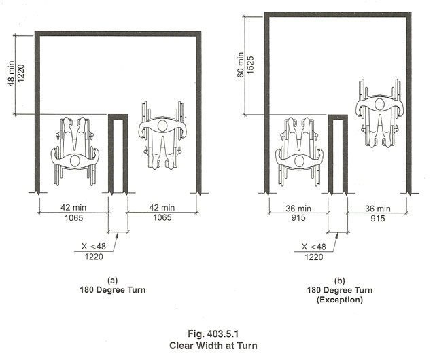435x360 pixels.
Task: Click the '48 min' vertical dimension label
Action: [x=11, y=74]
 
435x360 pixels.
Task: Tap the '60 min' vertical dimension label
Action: [x=241, y=65]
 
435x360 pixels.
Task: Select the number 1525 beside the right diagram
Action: [x=250, y=65]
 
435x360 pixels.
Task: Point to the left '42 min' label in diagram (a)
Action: [x=73, y=207]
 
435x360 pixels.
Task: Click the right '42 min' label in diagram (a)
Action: [x=162, y=207]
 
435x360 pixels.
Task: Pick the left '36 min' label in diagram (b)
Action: [x=298, y=209]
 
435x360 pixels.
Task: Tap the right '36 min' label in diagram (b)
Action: [x=378, y=209]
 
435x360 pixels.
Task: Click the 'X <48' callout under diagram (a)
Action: [x=94, y=246]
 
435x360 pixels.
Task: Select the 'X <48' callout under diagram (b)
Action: [x=314, y=247]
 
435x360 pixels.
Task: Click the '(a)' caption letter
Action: [x=113, y=281]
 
